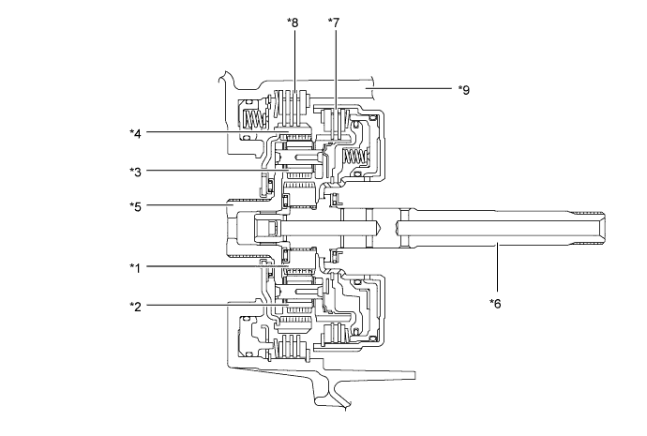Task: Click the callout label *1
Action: point(137,267)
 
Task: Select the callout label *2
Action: point(137,305)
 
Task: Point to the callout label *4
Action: point(137,132)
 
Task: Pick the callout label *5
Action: point(137,203)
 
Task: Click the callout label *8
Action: point(294,21)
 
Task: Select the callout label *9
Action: point(462,90)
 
